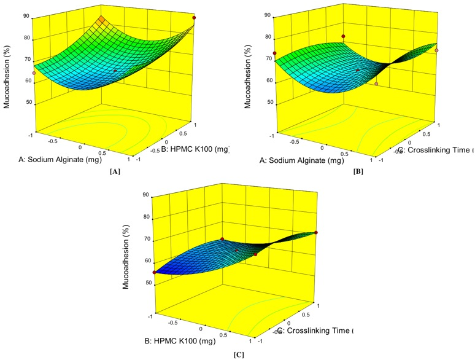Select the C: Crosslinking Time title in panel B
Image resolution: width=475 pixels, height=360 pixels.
(x=435, y=149)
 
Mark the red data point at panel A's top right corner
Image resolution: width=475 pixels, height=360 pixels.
(x=195, y=18)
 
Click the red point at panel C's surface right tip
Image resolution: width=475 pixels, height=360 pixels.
(x=316, y=232)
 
